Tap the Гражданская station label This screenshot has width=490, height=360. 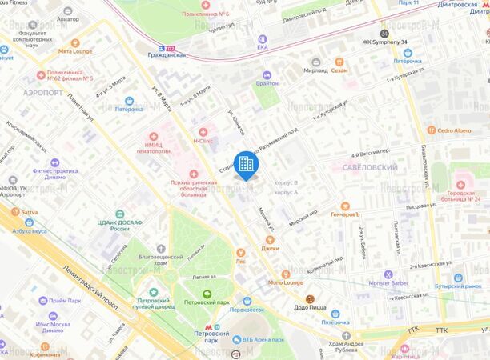[x=167, y=55]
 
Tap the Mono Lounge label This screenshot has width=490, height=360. [x=286, y=282]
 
